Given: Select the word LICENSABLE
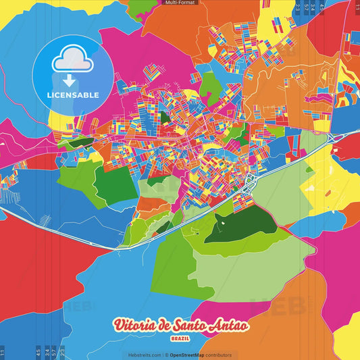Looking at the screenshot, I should coord(72,95).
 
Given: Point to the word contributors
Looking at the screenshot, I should coord(218,355).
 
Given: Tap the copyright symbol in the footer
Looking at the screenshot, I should coord(165,355).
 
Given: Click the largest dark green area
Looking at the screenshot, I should coord(240,225).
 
